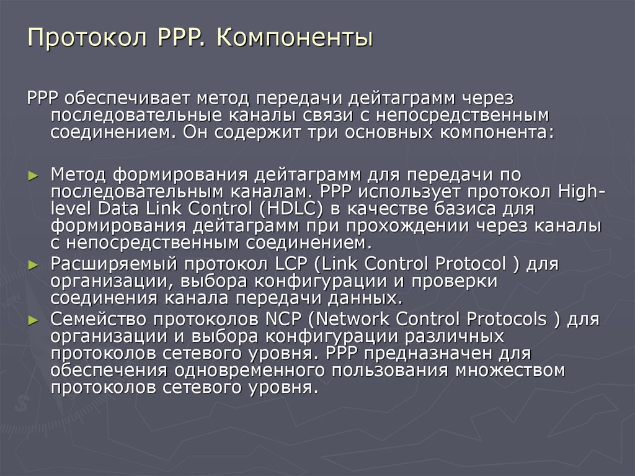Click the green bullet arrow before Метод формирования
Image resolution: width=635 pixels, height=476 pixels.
coord(34,176)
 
